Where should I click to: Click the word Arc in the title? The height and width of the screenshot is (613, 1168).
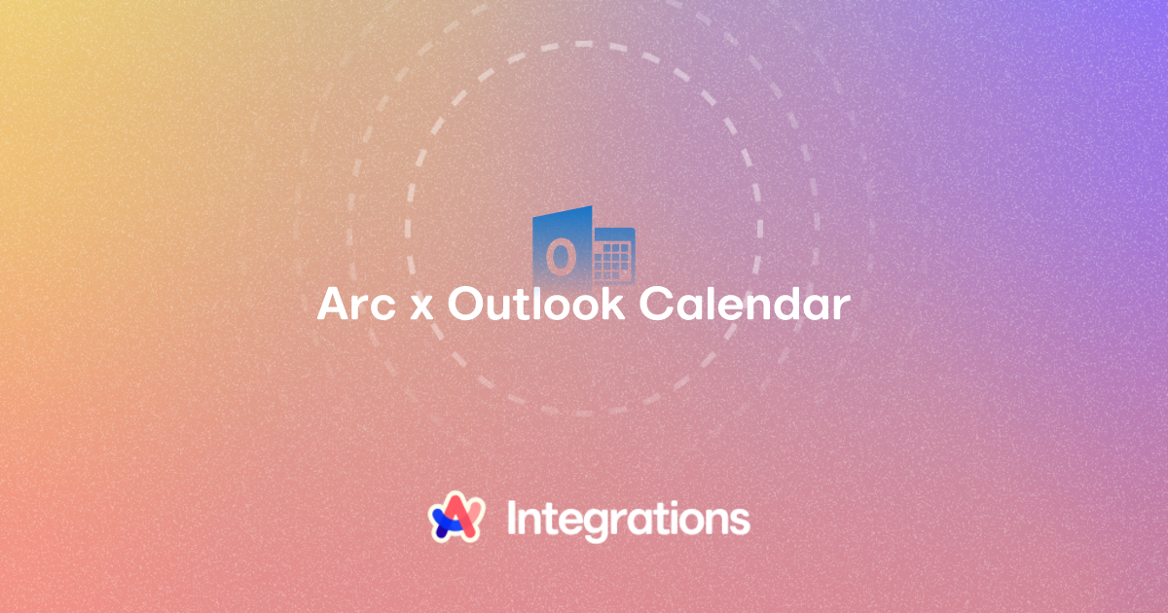click(x=356, y=304)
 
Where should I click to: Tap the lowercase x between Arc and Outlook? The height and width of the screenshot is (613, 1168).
click(x=421, y=308)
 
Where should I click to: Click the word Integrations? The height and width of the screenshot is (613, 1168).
click(x=629, y=521)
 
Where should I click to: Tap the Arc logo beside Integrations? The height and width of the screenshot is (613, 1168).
click(x=456, y=517)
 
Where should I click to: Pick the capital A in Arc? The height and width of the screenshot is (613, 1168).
click(x=334, y=304)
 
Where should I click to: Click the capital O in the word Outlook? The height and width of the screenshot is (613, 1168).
click(x=464, y=304)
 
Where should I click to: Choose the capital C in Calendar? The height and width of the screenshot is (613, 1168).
click(x=655, y=304)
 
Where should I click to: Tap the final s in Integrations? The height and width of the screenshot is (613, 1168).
click(x=741, y=522)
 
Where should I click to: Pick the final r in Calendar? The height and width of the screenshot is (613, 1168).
click(x=842, y=307)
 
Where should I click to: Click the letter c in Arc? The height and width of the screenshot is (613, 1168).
click(x=383, y=308)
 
